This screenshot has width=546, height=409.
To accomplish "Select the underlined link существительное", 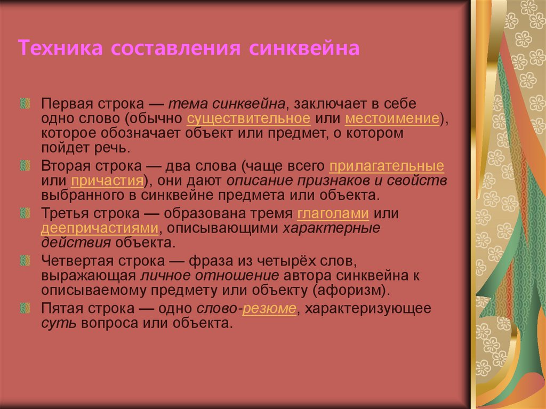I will coord(248,118).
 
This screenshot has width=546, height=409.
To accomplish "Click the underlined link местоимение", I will coord(392,118).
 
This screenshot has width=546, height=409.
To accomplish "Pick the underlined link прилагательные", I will coord(387,166).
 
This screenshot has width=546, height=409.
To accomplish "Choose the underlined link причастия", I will coord(107,180).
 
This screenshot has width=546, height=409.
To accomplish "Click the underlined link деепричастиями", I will coord(100,228).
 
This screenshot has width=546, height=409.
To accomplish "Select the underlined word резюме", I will coord(271,310).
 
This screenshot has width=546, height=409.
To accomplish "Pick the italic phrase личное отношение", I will coord(210,276).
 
